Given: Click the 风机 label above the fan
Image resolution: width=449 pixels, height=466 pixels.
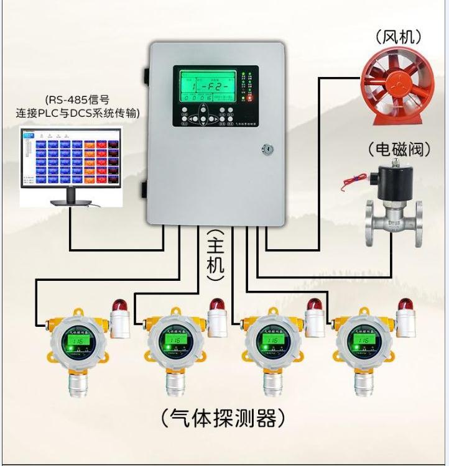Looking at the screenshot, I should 399,37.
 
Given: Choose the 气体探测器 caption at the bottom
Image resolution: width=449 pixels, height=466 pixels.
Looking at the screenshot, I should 224,418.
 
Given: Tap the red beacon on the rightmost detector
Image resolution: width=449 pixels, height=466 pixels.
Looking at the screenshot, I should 405,304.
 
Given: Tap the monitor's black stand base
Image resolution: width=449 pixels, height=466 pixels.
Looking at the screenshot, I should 70,204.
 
